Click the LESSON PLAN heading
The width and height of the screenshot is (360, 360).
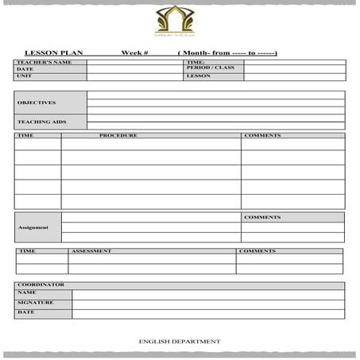[53, 52]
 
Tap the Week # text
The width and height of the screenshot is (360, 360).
[134, 52]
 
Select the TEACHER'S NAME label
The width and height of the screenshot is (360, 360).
[39, 62]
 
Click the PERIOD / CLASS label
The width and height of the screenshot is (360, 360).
[210, 68]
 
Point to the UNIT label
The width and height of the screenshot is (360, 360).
[23, 75]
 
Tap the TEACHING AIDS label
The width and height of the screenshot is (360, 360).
[41, 122]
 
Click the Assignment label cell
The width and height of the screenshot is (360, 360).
[33, 227]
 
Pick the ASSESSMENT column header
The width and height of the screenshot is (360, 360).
[91, 251]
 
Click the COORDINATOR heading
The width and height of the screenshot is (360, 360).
[41, 285]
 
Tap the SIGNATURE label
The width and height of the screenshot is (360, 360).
[35, 303]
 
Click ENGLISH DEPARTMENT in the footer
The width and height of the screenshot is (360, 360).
[180, 341]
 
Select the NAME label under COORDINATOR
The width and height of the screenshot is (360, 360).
[26, 293]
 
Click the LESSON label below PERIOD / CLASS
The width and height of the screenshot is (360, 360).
[198, 75]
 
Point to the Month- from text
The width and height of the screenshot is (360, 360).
[226, 52]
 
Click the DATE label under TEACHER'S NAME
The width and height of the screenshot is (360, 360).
[25, 69]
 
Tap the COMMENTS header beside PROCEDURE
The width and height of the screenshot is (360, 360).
[262, 136]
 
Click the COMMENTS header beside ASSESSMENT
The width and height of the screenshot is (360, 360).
[257, 251]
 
